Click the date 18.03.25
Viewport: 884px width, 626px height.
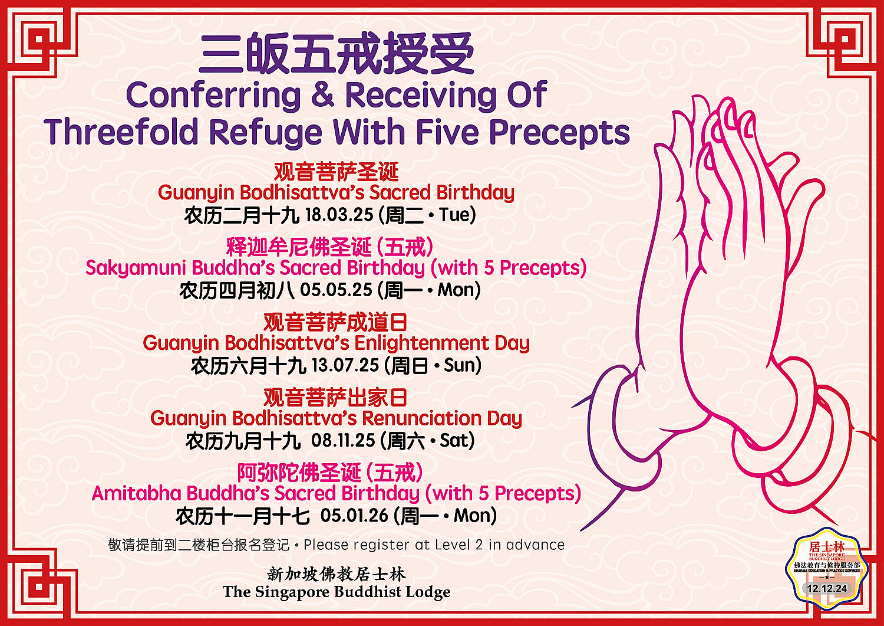click(339, 215)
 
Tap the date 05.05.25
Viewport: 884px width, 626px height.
click(336, 290)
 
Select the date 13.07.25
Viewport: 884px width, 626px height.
click(345, 365)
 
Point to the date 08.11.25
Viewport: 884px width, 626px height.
click(343, 440)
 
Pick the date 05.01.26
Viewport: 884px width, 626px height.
click(354, 515)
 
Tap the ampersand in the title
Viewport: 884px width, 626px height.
click(323, 95)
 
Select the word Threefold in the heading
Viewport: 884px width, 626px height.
click(121, 132)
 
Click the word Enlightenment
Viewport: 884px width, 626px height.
click(421, 343)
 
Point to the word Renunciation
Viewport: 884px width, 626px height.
click(422, 418)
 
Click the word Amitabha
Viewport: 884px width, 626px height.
click(136, 493)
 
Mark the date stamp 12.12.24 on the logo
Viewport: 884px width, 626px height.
click(827, 588)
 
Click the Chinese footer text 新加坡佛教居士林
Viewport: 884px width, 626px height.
click(337, 574)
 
